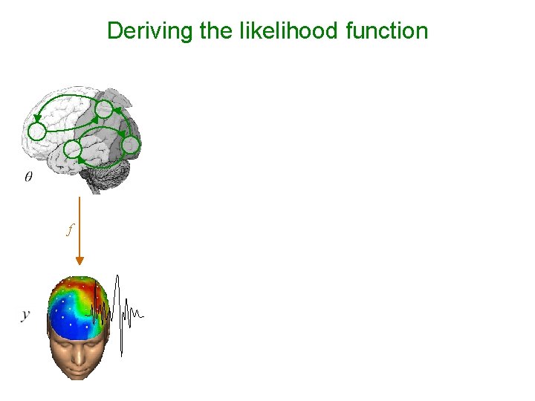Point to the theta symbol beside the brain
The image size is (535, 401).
tap(28, 177)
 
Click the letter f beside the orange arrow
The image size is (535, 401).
tap(69, 230)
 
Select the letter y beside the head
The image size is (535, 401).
tap(26, 315)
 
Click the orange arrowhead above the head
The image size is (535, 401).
tap(80, 261)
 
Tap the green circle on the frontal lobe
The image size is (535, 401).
tap(37, 132)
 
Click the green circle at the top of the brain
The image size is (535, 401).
tap(105, 111)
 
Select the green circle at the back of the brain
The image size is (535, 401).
tap(130, 145)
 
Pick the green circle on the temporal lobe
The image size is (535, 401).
tap(73, 150)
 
